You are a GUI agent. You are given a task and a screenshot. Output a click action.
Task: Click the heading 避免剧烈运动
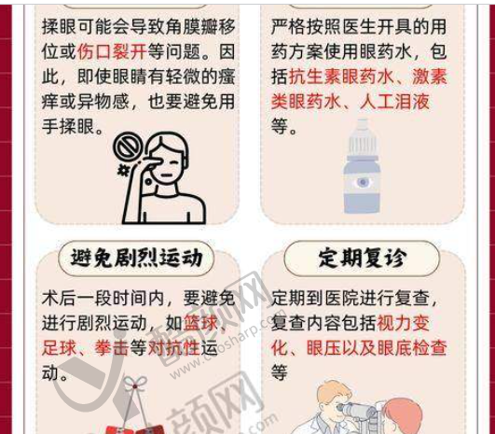point(136,258)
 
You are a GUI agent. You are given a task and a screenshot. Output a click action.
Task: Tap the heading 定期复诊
point(362,258)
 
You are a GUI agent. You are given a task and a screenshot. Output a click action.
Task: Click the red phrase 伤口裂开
point(112,51)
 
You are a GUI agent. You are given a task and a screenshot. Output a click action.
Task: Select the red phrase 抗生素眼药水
point(341,77)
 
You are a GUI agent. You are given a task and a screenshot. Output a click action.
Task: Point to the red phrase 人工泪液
point(394,102)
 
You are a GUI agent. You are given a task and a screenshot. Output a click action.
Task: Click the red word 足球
point(59,348)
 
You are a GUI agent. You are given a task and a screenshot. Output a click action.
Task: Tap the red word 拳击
point(112,348)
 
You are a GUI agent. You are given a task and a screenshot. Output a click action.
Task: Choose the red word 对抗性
point(173,348)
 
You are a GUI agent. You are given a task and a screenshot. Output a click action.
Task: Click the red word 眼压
point(323,348)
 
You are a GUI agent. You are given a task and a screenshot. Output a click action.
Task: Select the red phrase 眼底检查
point(412,348)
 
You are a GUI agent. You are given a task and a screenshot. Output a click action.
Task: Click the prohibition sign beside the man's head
point(128,147)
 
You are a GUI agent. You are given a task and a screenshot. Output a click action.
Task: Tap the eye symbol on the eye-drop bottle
point(363,182)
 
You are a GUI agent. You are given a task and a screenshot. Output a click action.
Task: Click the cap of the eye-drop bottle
point(362,138)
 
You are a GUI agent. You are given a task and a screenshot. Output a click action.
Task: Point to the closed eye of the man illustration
point(174,162)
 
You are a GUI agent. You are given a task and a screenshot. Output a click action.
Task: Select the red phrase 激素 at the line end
point(430,77)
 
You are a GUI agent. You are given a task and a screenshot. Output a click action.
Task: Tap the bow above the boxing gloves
point(135,383)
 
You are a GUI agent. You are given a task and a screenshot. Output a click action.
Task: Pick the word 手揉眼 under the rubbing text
point(68,127)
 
